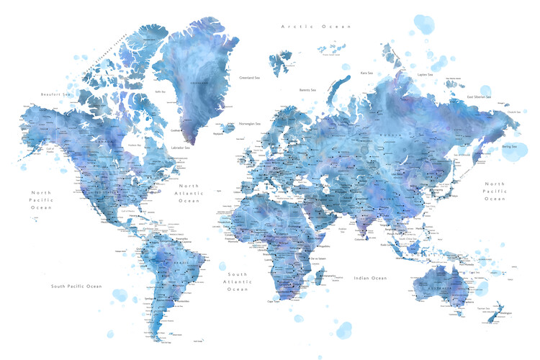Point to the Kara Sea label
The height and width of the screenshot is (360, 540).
click(366, 73)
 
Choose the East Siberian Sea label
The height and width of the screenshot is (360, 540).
click(479, 96)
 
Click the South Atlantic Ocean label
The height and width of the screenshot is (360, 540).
click(238, 282)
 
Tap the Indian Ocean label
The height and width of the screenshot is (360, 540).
click(370, 278)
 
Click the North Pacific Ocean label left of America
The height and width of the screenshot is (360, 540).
click(42, 199)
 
